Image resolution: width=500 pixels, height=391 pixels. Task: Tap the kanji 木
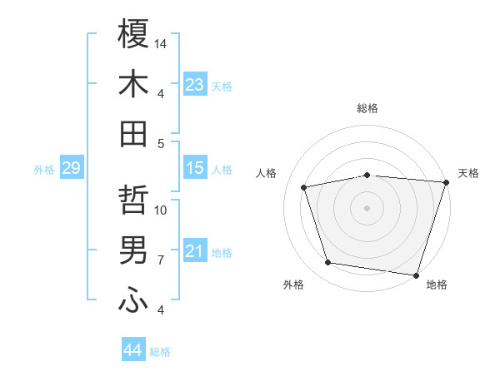tap(133, 83)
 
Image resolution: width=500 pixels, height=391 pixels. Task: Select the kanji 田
tap(133, 133)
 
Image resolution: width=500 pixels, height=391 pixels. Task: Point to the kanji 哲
tap(133, 200)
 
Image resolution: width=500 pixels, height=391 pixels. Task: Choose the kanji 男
tap(133, 250)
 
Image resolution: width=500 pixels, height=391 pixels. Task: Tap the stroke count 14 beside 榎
tap(162, 43)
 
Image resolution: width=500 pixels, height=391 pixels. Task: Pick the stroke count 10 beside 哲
tap(162, 210)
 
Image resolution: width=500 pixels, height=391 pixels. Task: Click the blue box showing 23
tap(195, 85)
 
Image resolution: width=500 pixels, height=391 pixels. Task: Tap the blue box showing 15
tap(195, 169)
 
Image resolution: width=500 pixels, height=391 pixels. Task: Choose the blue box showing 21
tap(195, 252)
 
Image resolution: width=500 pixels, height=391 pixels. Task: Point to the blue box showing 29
tap(71, 169)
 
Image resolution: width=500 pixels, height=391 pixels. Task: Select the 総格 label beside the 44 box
tap(160, 352)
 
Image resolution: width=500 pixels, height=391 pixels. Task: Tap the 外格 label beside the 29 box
tap(44, 170)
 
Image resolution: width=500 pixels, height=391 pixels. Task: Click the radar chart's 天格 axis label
tap(468, 173)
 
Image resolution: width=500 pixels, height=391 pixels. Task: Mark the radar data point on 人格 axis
tap(304, 188)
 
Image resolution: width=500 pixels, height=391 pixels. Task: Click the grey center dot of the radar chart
tap(367, 207)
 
